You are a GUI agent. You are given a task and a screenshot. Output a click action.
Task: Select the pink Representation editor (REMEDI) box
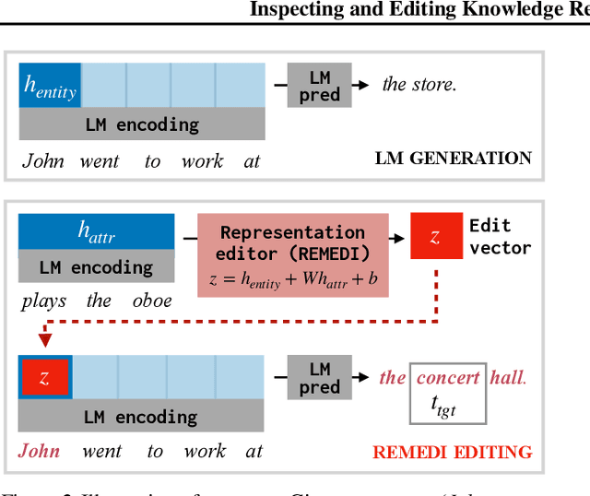pyautogui.click(x=292, y=255)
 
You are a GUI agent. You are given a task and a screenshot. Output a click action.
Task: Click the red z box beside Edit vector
pyautogui.click(x=435, y=236)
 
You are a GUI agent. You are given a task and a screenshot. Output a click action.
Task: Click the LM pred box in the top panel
pyautogui.click(x=319, y=85)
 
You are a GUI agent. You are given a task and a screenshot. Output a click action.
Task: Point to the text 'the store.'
pyautogui.click(x=419, y=85)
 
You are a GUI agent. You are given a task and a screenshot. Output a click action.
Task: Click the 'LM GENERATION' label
pyautogui.click(x=453, y=158)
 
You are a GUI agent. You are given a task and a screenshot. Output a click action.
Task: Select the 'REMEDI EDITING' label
pyautogui.click(x=452, y=452)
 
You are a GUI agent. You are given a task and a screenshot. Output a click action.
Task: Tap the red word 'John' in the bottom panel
pyautogui.click(x=40, y=451)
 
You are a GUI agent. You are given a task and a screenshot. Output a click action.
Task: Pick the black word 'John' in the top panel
pyautogui.click(x=43, y=161)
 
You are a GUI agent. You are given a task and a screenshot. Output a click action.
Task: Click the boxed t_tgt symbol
pyautogui.click(x=447, y=403)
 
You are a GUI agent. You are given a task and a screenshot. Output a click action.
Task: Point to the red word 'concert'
pyautogui.click(x=448, y=377)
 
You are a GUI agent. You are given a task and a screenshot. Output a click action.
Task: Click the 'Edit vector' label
pyautogui.click(x=500, y=236)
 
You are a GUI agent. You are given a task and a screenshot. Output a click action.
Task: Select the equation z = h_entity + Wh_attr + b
pyautogui.click(x=292, y=280)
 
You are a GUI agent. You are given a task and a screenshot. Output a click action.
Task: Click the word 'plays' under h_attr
pyautogui.click(x=43, y=301)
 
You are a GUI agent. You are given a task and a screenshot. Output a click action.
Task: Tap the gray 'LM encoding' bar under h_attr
pyautogui.click(x=96, y=267)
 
